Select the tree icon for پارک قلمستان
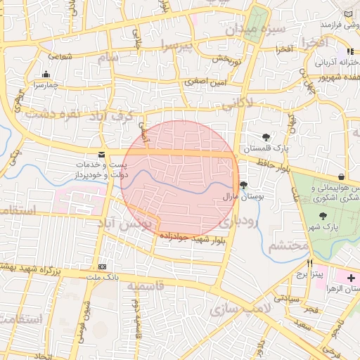click(x=266, y=138)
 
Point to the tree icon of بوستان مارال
click(x=243, y=186)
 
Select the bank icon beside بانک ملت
click(x=103, y=267)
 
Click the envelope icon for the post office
click(x=103, y=154)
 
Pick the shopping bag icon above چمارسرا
click(x=46, y=75)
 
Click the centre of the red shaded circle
click(x=180, y=180)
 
